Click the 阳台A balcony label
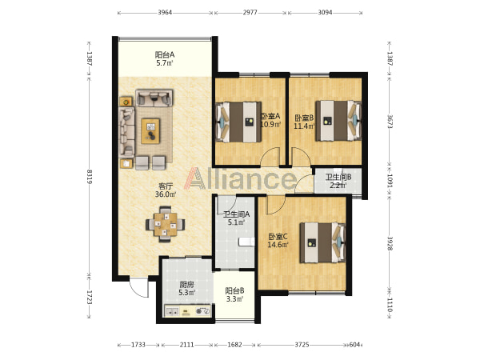tap(164, 55)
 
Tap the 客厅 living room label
tap(166, 186)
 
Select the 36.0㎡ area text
tap(166, 194)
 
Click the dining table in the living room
tap(166, 224)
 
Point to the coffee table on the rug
tap(150, 131)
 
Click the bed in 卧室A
tap(238, 122)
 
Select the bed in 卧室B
tap(338, 121)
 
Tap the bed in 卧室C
tap(322, 242)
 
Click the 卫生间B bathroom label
tap(338, 177)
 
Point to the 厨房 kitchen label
tap(186, 285)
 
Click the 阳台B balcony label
tap(234, 290)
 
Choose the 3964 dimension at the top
tap(165, 13)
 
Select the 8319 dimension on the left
tap(90, 176)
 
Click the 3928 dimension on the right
tap(390, 243)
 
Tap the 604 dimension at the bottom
tap(354, 345)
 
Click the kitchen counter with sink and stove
tap(188, 311)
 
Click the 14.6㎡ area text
tap(278, 245)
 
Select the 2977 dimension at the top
tap(250, 13)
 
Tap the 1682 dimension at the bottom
tap(234, 345)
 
